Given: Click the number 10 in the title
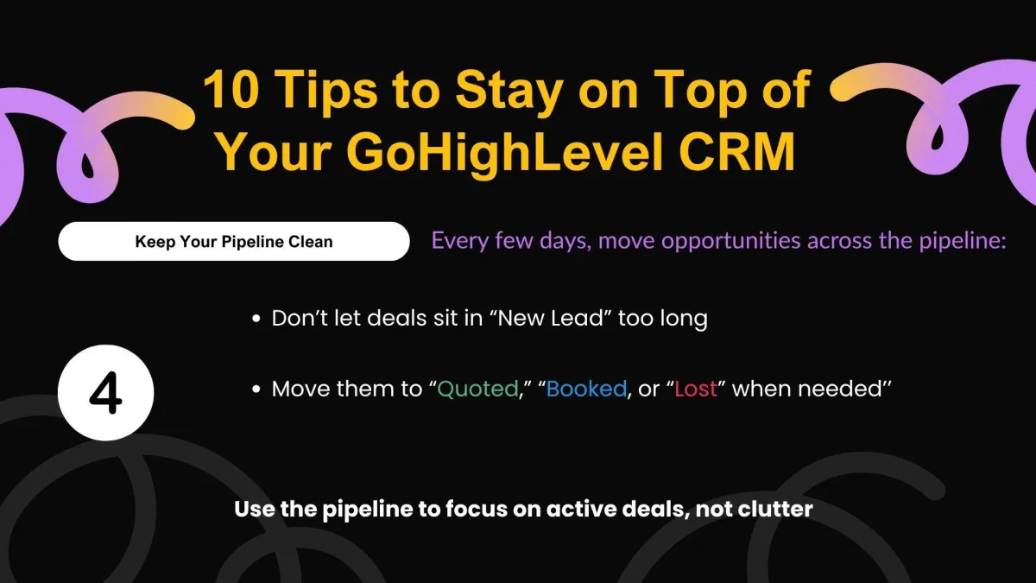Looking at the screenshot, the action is pos(231,89).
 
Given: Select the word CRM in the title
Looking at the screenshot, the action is pos(737,151).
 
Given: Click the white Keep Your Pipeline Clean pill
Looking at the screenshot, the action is pos(234,241).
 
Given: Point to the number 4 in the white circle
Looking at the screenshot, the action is pos(106,393).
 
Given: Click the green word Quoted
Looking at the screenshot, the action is pos(477,390).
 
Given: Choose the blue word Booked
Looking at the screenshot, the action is pos(586,389).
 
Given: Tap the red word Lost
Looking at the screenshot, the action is pos(696,389).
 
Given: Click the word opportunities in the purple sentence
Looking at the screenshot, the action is pos(701,241).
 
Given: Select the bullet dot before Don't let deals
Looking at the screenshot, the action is pos(256,319).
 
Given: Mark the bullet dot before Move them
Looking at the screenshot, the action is pos(256,390).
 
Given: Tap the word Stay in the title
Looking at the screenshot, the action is pos(509,91).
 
